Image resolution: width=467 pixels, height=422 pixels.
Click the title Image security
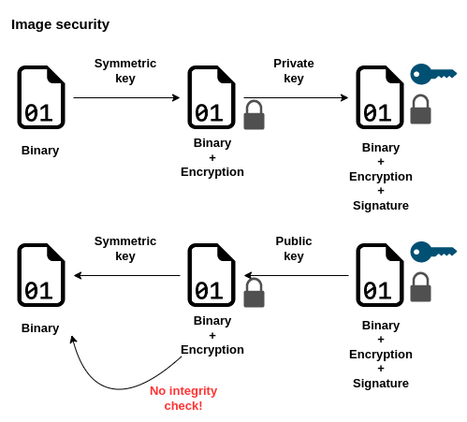click(x=60, y=24)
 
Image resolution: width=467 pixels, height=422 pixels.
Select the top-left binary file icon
click(x=40, y=97)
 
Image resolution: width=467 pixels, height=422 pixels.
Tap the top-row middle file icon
click(x=211, y=97)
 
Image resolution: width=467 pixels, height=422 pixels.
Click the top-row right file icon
click(x=379, y=97)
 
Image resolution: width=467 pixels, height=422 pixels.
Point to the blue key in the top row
click(x=432, y=74)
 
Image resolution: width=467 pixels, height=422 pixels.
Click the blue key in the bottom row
click(x=432, y=252)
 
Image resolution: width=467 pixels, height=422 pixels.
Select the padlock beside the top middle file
click(x=254, y=115)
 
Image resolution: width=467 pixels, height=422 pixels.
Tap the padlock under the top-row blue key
click(x=420, y=109)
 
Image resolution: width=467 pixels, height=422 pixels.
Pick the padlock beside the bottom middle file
click(x=254, y=293)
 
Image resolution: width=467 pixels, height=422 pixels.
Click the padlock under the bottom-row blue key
click(x=420, y=287)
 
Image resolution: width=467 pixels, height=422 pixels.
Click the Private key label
click(x=294, y=71)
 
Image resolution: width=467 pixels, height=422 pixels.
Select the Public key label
click(x=294, y=249)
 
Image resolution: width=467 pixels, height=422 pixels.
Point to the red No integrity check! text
click(x=183, y=398)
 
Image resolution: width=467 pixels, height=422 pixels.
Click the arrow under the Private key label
click(x=296, y=97)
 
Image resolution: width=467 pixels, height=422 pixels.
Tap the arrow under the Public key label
click(x=296, y=275)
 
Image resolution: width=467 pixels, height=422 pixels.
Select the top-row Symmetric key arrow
click(x=126, y=97)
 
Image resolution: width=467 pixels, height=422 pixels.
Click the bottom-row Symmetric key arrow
click(x=126, y=275)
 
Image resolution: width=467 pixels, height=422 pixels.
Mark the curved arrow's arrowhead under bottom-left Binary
click(x=73, y=341)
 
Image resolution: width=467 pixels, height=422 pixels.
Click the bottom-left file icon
click(x=40, y=275)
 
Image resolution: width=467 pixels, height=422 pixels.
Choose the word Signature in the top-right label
click(x=381, y=206)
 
